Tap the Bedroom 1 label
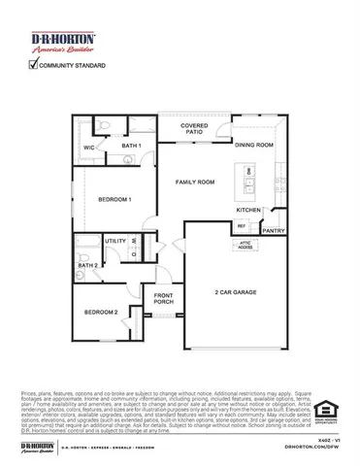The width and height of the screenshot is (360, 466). pos(115,199)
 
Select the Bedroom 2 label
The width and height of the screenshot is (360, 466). pos(101,312)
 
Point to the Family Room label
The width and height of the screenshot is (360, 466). pos(194,182)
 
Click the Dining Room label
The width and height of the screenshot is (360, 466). pos(254,144)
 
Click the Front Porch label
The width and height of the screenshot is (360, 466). pos(163,298)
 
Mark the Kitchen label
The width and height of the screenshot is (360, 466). pos(249,210)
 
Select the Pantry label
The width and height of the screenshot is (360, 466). pos(274,231)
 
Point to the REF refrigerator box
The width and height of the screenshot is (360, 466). pos(242,226)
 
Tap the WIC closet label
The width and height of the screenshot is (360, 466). pos(88,148)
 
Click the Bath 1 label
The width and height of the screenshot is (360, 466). pos(132,146)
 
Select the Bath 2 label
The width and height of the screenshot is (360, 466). pos(86,264)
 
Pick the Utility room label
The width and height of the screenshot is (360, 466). pos(115,241)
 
